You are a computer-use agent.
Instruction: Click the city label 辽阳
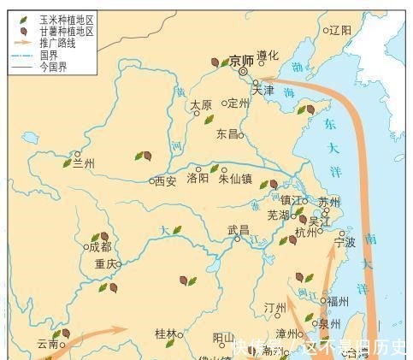[340, 30]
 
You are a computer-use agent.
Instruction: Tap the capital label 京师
[242, 61]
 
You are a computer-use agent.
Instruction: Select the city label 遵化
[268, 56]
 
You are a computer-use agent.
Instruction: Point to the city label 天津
[263, 89]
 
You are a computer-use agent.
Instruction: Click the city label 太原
[201, 105]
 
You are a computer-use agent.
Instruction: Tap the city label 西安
[165, 181]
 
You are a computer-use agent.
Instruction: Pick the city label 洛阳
[198, 178]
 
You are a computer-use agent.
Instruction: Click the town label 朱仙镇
[235, 179]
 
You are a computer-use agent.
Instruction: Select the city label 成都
[101, 246]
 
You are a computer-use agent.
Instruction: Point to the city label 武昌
[238, 229]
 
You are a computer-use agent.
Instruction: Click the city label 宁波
[345, 242]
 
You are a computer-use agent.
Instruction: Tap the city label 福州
[337, 300]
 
